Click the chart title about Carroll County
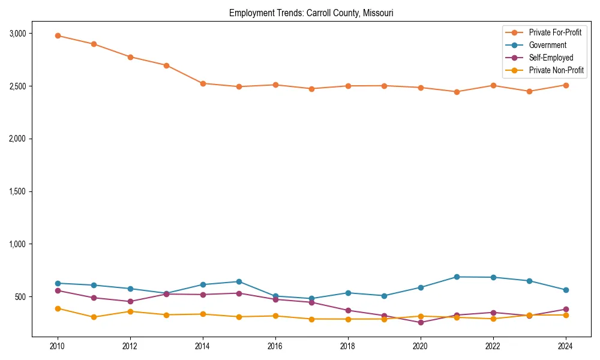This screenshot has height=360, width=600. click(x=311, y=13)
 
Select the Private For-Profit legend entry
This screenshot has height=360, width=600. click(x=555, y=32)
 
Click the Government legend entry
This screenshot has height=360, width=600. click(x=547, y=45)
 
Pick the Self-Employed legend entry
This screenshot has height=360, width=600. click(x=551, y=58)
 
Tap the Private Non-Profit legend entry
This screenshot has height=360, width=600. click(x=556, y=70)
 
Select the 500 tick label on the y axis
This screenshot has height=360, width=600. click(x=20, y=297)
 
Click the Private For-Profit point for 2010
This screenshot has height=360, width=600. click(x=58, y=35)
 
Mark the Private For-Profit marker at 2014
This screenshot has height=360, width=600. click(x=203, y=83)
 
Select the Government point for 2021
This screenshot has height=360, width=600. click(x=457, y=277)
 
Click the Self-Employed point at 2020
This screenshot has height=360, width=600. click(x=421, y=322)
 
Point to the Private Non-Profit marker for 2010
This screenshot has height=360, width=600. click(x=58, y=308)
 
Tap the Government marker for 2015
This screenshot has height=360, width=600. click(x=239, y=281)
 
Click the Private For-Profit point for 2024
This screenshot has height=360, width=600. click(x=565, y=85)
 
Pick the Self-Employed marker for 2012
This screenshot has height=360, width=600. click(x=130, y=301)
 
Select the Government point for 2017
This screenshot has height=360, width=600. click(x=311, y=298)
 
